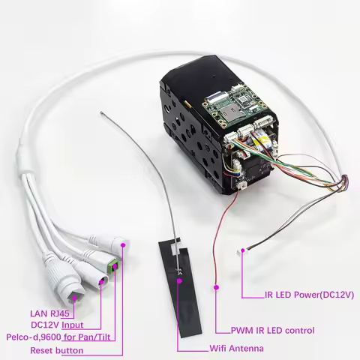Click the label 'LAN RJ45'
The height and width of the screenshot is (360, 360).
49,313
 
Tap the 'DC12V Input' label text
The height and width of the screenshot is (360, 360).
57,325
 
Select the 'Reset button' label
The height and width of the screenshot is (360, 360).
57,350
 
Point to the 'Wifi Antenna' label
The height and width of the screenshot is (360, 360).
236,349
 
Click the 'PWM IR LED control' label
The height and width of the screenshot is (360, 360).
272,331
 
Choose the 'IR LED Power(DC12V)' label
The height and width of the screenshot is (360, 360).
309,295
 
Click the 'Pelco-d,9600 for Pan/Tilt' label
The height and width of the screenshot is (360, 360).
58,337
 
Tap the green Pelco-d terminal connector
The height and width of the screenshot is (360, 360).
113,266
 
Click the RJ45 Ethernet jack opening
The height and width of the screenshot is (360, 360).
74,297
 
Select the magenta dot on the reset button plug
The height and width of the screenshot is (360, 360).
123,245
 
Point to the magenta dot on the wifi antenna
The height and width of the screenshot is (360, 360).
179,280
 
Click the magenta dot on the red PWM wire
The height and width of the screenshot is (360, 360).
217,287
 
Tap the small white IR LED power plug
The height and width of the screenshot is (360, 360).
241,251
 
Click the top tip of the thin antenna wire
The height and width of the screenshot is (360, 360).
101,112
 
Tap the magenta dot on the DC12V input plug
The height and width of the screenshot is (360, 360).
101,282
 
